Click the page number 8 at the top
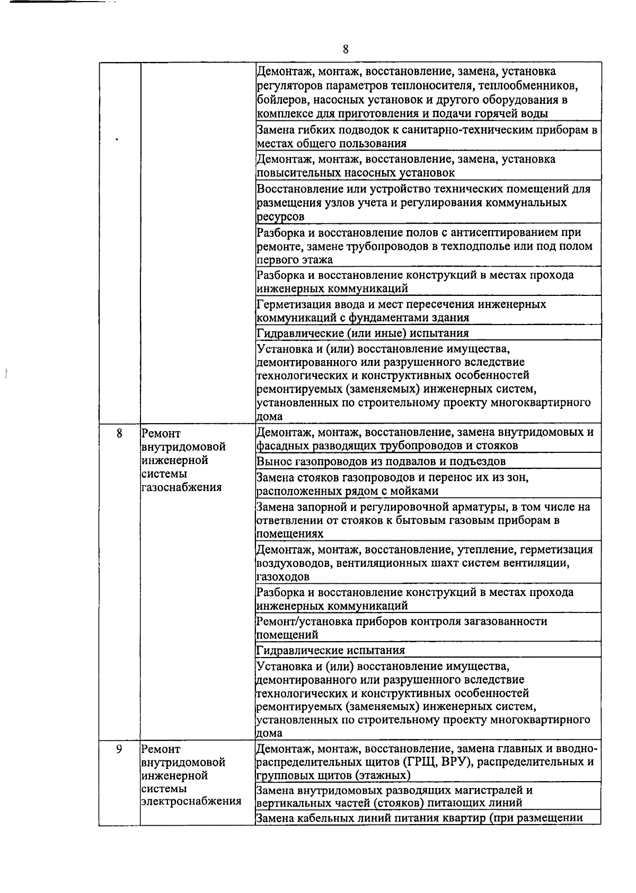coord(346,49)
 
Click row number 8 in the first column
coord(119,433)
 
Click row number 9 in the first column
coord(119,749)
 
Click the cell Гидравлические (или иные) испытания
coord(363,333)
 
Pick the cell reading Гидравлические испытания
coord(330,650)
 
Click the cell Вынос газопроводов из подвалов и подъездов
coord(381,461)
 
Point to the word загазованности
coord(506,621)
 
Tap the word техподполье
coord(495,246)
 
